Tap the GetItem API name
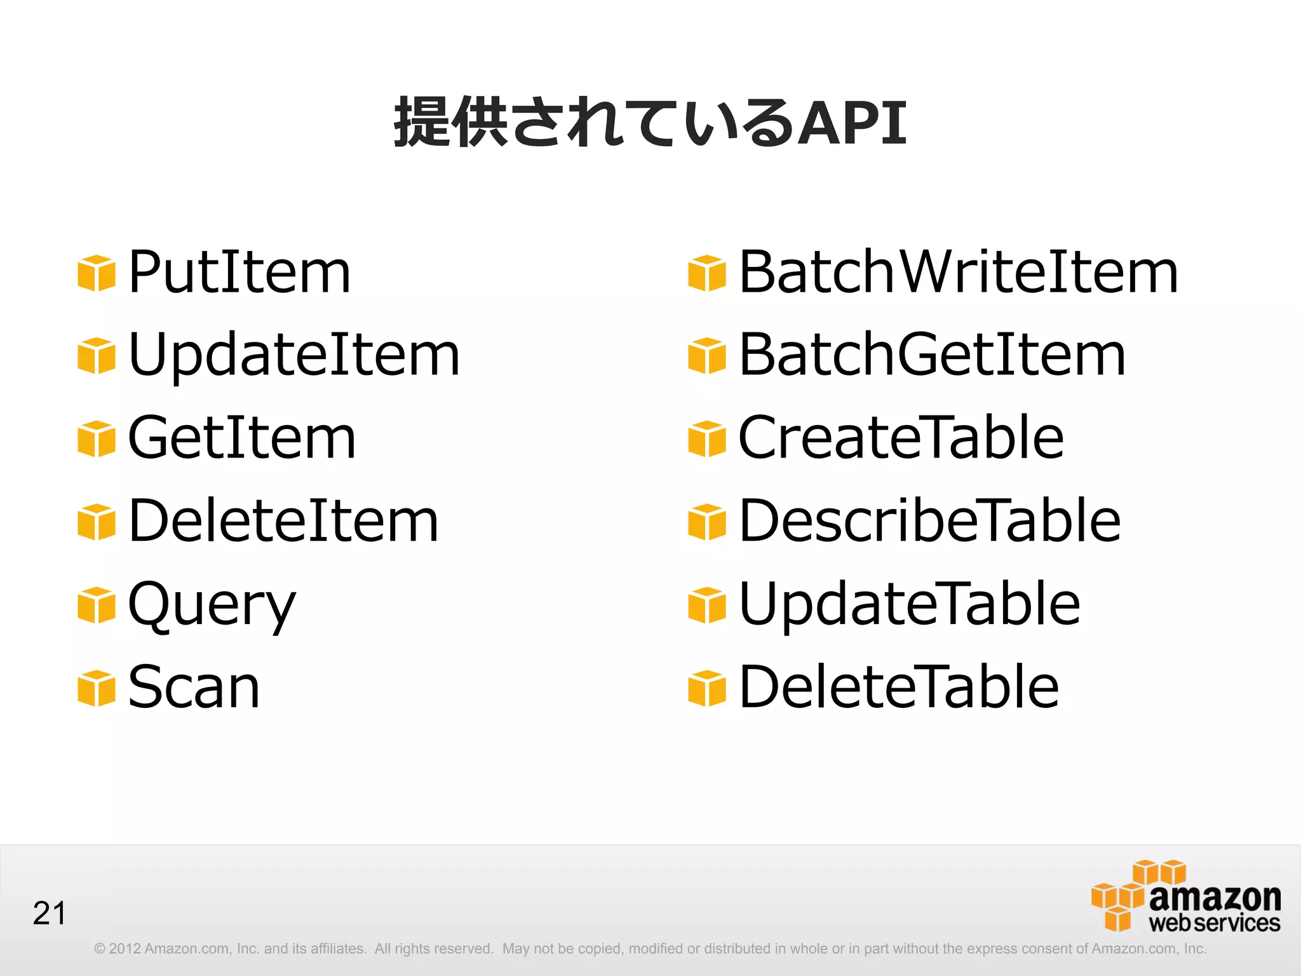(242, 438)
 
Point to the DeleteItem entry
(283, 521)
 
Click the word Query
(212, 605)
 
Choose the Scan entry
(194, 687)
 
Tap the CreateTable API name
(901, 438)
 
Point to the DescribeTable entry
(930, 521)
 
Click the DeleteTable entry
(899, 687)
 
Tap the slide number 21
(50, 914)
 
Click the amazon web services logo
(1185, 897)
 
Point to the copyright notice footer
(650, 949)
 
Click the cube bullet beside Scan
(97, 688)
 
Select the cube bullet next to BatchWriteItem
(707, 273)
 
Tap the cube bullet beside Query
(97, 605)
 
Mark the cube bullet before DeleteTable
(707, 688)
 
